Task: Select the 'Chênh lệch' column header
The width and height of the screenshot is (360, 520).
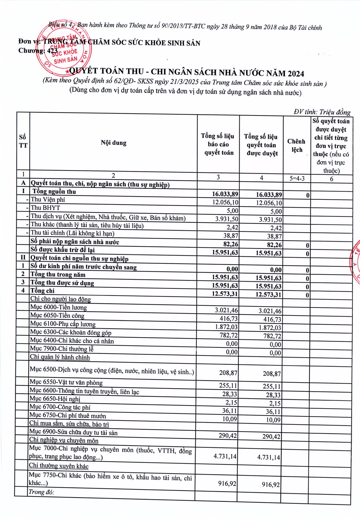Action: click(x=296, y=145)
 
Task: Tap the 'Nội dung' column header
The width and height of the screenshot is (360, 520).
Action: click(x=114, y=143)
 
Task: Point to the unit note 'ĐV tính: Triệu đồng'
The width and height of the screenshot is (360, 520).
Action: click(x=322, y=112)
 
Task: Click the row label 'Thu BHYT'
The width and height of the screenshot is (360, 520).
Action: click(x=45, y=208)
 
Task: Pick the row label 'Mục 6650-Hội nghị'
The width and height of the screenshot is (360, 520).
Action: click(x=55, y=399)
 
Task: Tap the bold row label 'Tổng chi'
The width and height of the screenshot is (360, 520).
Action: click(x=42, y=291)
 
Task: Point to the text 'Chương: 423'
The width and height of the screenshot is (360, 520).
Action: click(x=38, y=50)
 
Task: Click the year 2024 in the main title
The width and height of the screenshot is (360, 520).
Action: click(x=296, y=73)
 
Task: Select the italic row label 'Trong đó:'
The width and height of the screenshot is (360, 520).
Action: click(x=41, y=492)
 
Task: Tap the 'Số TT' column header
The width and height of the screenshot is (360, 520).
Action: click(x=23, y=141)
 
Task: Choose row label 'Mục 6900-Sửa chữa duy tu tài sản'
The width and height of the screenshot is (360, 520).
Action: click(x=73, y=432)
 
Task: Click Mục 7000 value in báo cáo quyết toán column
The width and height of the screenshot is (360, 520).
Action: click(x=225, y=456)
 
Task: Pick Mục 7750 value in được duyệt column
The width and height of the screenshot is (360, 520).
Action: click(x=270, y=484)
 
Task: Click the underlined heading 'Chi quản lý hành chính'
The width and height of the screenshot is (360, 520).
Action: click(x=60, y=357)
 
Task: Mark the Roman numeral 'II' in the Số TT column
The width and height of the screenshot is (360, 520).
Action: click(x=23, y=258)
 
